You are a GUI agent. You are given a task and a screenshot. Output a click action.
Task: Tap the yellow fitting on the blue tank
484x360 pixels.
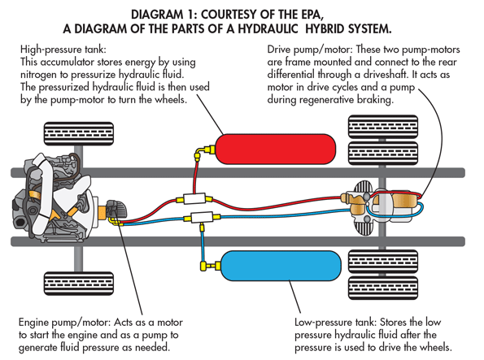pyautogui.click(x=204, y=265)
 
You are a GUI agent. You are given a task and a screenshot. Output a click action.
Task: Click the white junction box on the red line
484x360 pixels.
pyautogui.click(x=196, y=199)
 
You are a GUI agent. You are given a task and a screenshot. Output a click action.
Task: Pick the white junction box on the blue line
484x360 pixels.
pyautogui.click(x=202, y=216)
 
